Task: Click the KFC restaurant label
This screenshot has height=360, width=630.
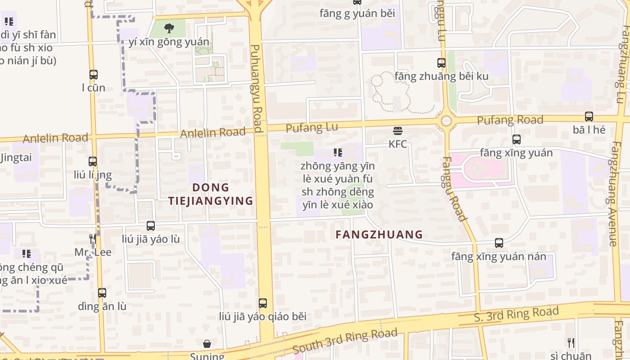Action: click(398, 144)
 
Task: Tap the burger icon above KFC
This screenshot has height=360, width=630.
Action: click(397, 131)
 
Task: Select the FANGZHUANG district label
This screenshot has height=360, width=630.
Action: click(379, 234)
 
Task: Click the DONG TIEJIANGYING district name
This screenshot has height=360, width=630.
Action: click(211, 194)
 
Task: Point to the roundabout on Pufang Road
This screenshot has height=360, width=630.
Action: click(446, 121)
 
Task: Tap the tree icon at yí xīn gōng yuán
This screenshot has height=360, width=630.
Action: click(169, 29)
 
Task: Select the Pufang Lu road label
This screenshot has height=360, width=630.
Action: click(312, 128)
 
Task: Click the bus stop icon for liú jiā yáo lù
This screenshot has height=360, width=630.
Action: click(151, 226)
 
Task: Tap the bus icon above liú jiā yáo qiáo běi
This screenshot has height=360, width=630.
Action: click(263, 303)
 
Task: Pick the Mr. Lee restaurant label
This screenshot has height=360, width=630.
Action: click(93, 252)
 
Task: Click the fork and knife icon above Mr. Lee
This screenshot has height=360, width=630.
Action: click(93, 238)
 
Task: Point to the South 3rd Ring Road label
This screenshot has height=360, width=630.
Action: click(345, 341)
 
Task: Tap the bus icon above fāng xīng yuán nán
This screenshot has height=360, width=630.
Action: click(499, 243)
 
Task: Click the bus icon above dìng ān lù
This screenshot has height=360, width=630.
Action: click(102, 293)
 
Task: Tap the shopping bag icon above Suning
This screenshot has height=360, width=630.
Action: click(207, 344)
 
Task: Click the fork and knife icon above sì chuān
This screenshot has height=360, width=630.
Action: click(571, 343)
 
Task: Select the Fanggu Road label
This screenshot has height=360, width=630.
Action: click(454, 189)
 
